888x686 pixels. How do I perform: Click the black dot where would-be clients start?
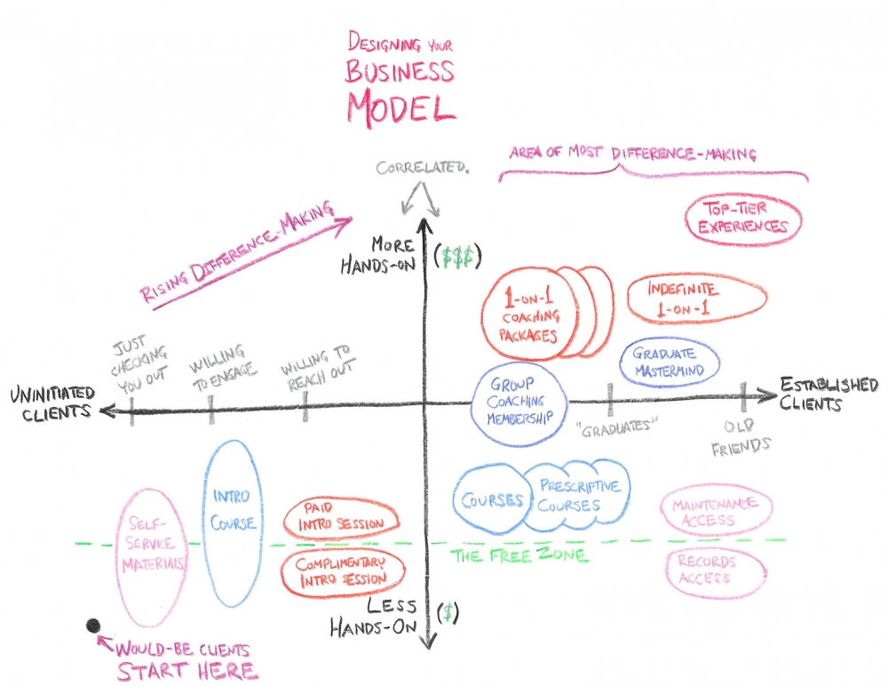[92, 626]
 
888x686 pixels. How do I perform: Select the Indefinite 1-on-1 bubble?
[696, 299]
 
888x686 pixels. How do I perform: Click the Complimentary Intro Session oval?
[341, 571]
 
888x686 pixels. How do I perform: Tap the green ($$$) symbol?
[459, 255]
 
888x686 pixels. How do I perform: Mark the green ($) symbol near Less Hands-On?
[450, 611]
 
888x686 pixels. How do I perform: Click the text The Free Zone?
[519, 555]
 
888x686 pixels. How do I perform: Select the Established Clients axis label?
[828, 394]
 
